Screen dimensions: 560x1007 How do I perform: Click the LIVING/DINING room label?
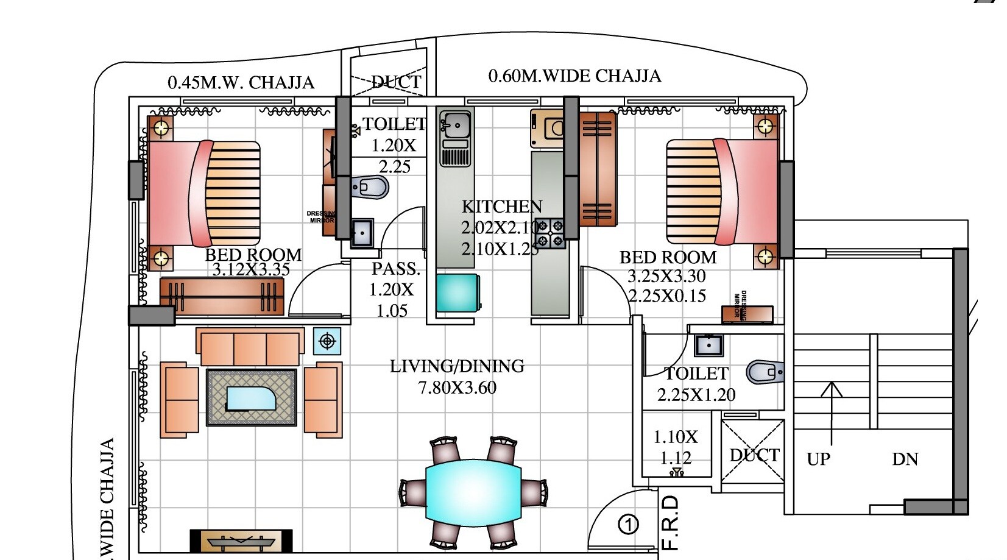pyautogui.click(x=457, y=366)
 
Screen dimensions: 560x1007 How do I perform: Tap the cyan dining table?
pyautogui.click(x=473, y=490)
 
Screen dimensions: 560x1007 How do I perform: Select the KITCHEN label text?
pyautogui.click(x=501, y=207)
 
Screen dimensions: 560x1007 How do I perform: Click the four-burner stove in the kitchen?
pyautogui.click(x=550, y=233)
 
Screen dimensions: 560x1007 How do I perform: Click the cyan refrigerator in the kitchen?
pyautogui.click(x=458, y=292)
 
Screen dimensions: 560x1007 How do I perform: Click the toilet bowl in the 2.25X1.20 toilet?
pyautogui.click(x=764, y=372)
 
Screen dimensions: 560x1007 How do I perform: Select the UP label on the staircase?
pyautogui.click(x=818, y=459)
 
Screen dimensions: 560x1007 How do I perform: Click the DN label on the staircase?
pyautogui.click(x=905, y=459)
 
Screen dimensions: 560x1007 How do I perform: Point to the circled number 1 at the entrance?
pyautogui.click(x=628, y=524)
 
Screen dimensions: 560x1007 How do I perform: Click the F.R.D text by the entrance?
pyautogui.click(x=670, y=522)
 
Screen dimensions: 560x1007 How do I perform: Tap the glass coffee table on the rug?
pyautogui.click(x=252, y=398)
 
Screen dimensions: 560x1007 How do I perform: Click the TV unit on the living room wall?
pyautogui.click(x=241, y=541)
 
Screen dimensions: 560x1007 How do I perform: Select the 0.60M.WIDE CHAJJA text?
pyautogui.click(x=574, y=76)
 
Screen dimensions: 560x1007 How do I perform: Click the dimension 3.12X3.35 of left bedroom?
pyautogui.click(x=251, y=269)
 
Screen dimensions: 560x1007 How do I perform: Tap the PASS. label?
pyautogui.click(x=396, y=269)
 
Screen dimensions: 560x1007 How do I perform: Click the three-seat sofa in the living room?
pyautogui.click(x=250, y=348)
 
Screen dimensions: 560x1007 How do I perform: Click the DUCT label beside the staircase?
pyautogui.click(x=754, y=455)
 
